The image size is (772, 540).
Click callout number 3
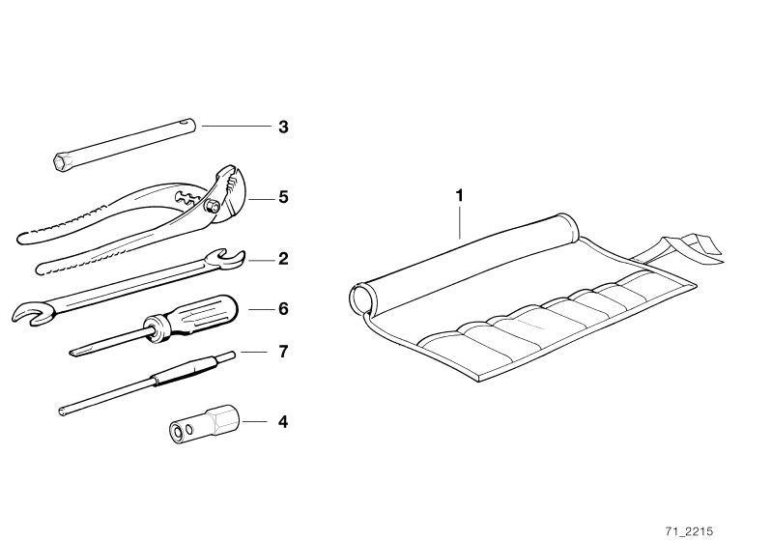[x=283, y=127]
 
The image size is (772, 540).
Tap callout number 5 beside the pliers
[x=283, y=197]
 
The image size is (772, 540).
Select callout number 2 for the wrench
[x=283, y=259]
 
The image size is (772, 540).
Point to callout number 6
[x=283, y=309]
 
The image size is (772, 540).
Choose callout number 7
[x=283, y=352]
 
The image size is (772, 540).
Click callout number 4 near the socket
[x=283, y=421]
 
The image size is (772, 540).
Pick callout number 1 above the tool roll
[x=460, y=195]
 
